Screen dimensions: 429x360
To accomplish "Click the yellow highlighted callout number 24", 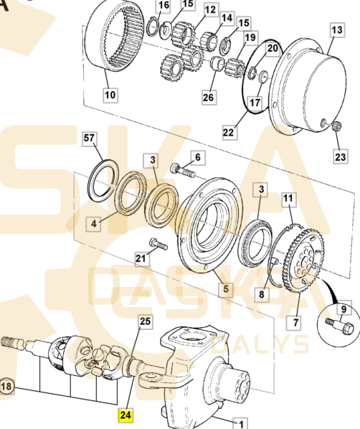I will coord(125,414).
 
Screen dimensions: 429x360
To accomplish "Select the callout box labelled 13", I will coord(337,30).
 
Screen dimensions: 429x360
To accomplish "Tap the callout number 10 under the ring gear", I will coord(110,94).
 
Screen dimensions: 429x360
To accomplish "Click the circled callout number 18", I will coord(6,386).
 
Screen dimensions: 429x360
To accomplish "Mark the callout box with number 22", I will coord(228,132).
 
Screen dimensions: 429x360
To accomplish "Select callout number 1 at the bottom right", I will coord(242,423).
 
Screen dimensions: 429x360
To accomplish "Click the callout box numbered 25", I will coord(144,321).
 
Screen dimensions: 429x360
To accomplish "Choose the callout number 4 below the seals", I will coord(94,224).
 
